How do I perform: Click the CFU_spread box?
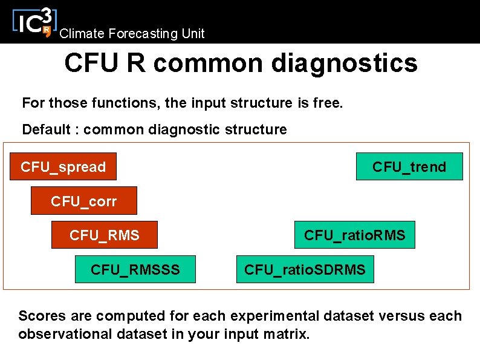coord(63,166)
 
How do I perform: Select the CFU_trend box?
coord(409,166)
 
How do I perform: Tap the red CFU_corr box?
coord(84,201)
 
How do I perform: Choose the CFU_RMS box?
coord(104,235)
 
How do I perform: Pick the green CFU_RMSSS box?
coord(135,269)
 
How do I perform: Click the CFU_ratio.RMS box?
coord(355,235)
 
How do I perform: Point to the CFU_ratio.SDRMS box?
coord(305,269)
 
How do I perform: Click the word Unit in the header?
coord(193,34)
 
